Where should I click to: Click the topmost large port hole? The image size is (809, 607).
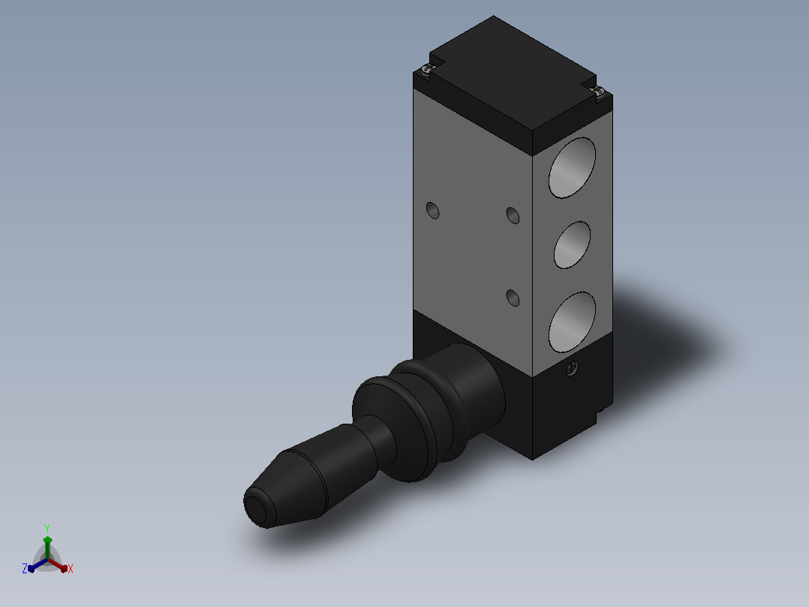[x=572, y=168]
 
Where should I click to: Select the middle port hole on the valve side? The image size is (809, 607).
[x=572, y=245]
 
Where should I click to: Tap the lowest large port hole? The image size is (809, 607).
[x=572, y=322]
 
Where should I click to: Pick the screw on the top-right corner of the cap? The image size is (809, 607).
[x=599, y=92]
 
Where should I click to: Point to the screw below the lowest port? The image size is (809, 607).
[x=572, y=368]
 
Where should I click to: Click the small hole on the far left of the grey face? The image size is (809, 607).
[x=433, y=210]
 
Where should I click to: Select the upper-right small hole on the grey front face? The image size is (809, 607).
[x=513, y=216]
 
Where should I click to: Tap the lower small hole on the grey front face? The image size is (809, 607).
[x=513, y=297]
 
